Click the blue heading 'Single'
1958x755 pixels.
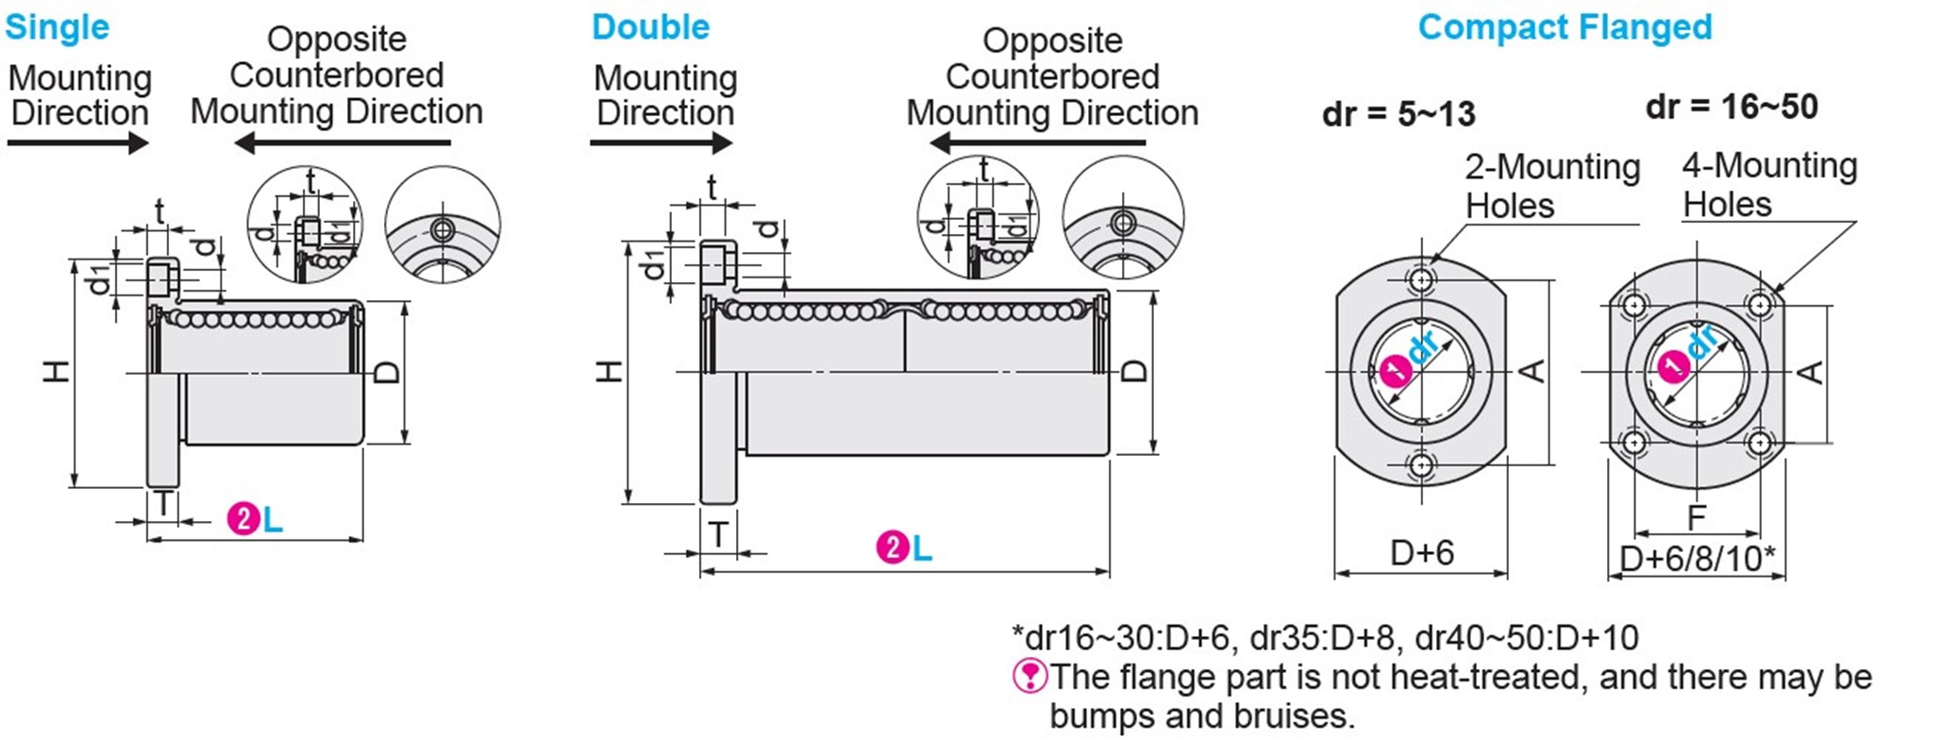57,27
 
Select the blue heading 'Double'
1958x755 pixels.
650,27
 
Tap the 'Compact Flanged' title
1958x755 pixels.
1565,27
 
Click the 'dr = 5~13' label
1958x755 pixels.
1398,114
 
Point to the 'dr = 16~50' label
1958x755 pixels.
1732,107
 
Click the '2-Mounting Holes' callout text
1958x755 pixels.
1551,186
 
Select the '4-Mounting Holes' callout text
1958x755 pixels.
1769,185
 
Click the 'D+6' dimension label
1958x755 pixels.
1422,552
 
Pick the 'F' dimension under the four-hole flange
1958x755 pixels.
1697,517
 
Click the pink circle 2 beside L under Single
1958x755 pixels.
243,519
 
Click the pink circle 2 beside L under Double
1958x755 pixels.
892,547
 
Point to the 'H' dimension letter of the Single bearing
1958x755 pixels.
57,371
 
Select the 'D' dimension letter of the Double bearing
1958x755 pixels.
1135,371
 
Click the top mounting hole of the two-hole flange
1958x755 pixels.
1421,279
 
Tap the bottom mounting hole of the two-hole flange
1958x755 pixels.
1421,464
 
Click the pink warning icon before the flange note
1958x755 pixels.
1029,676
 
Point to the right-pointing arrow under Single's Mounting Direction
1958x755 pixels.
78,143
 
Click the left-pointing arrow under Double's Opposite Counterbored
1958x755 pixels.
1037,143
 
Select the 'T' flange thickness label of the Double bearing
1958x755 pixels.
718,535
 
